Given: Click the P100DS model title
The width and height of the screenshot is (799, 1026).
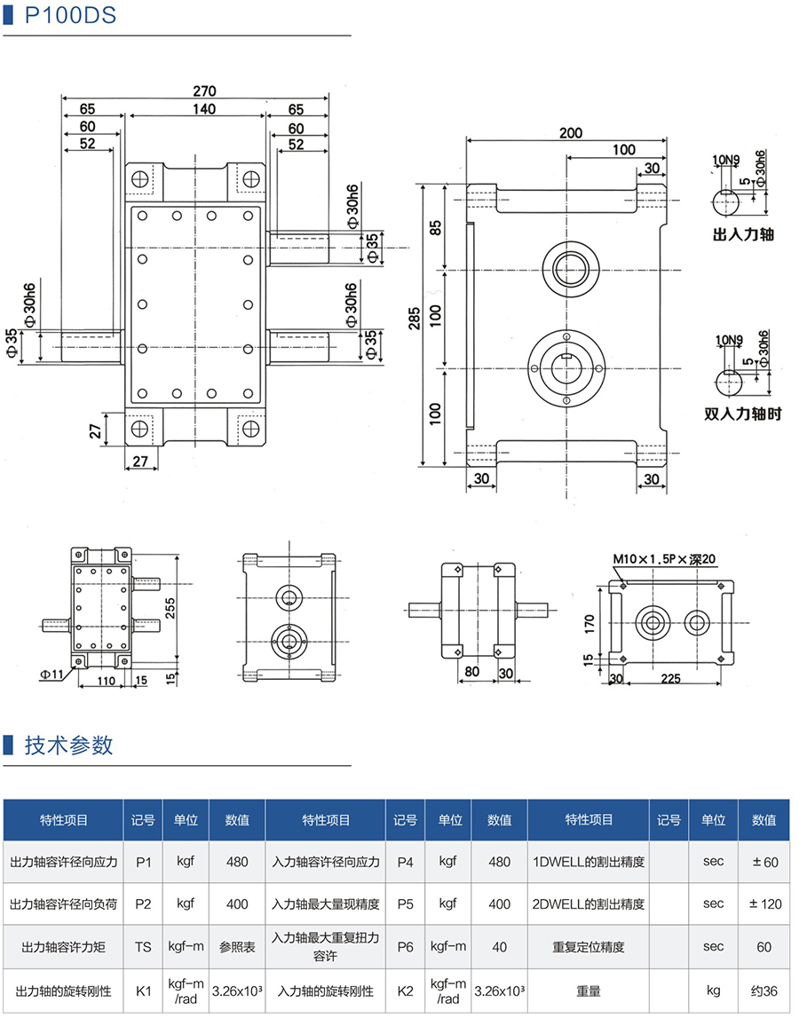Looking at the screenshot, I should click(70, 15).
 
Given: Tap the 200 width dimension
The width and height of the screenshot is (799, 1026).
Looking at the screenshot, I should click(571, 133).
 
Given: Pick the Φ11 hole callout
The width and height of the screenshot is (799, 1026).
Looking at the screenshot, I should click(51, 674).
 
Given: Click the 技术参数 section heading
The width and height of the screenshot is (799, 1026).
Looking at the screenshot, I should click(69, 745).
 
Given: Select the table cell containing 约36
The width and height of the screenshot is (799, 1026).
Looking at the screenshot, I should click(763, 990).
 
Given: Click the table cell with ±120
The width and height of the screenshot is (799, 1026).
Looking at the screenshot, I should click(763, 904).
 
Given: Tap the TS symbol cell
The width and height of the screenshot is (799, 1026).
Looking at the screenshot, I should click(143, 947).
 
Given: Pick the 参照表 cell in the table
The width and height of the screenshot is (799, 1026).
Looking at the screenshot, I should click(236, 947).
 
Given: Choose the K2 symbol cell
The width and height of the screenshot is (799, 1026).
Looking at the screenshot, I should click(405, 990).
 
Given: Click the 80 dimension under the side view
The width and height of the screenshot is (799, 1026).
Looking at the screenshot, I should click(471, 672).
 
